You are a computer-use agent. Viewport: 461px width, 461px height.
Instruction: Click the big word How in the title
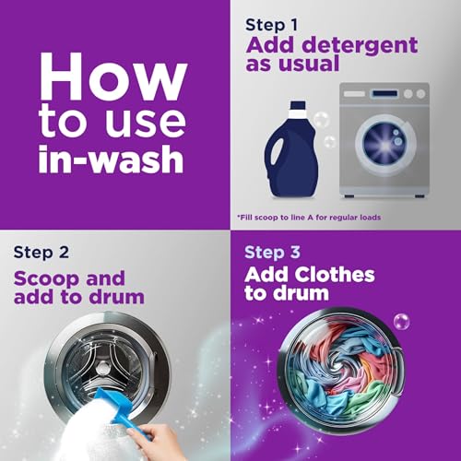pyautogui.click(x=113, y=77)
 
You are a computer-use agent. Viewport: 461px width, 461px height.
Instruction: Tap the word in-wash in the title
pyautogui.click(x=111, y=158)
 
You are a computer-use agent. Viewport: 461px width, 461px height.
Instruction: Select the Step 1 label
pyautogui.click(x=272, y=25)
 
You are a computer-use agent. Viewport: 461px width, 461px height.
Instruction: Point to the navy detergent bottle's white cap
pyautogui.click(x=298, y=108)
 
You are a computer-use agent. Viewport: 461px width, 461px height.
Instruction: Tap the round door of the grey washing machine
pyautogui.click(x=385, y=144)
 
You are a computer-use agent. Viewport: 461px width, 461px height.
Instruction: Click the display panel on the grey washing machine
pyautogui.click(x=384, y=93)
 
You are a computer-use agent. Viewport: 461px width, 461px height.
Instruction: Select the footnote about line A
pyautogui.click(x=309, y=218)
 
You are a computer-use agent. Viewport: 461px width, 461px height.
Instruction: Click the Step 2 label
pyautogui.click(x=41, y=253)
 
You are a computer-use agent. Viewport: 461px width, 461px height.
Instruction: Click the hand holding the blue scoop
pyautogui.click(x=154, y=441)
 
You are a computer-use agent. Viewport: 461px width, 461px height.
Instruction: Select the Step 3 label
pyautogui.click(x=272, y=253)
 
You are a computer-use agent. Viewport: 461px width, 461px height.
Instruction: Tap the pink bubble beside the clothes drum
pyautogui.click(x=401, y=322)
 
